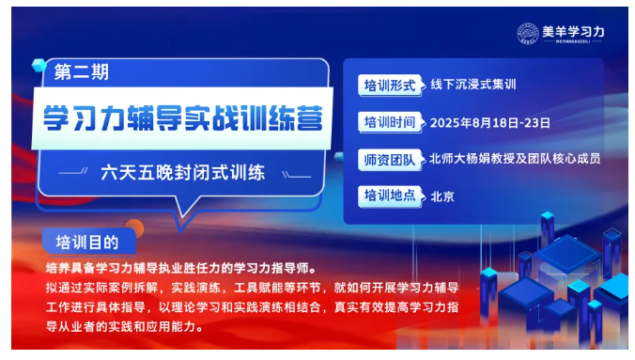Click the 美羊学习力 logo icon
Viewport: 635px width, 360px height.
point(529,32)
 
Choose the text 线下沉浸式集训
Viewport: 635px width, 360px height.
point(474,85)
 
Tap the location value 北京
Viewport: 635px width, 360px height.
point(441,196)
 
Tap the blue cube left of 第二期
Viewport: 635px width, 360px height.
point(39,64)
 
